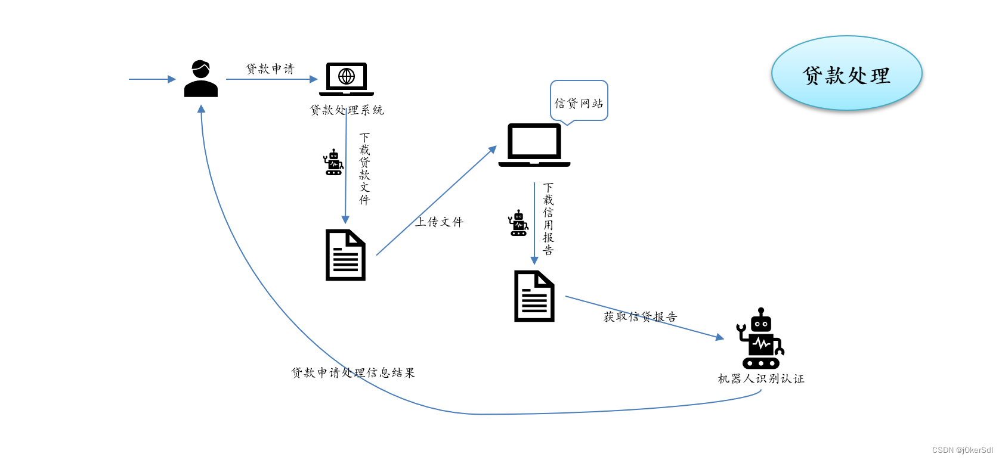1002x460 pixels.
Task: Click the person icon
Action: coord(201,79)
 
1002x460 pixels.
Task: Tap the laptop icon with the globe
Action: coord(347,79)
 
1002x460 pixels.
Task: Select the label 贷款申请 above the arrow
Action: coord(270,69)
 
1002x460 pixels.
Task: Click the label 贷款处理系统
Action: coord(347,110)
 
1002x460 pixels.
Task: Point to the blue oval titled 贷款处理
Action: coord(846,73)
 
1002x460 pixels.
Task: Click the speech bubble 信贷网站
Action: coord(579,102)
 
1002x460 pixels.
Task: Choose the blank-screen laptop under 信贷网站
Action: coord(534,145)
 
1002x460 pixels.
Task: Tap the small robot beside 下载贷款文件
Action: coord(333,162)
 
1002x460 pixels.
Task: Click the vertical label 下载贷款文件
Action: coord(364,169)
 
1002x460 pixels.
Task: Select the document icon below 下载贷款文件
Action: coord(345,255)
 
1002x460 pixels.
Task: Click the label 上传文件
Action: coord(440,222)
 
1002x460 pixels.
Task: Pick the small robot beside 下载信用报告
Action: coord(518,223)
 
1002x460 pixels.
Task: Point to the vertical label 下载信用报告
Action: coord(548,219)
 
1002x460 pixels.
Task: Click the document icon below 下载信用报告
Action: coord(534,296)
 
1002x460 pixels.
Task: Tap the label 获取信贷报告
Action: coord(640,316)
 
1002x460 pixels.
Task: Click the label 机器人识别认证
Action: coord(761,378)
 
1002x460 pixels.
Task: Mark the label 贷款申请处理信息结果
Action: coord(353,372)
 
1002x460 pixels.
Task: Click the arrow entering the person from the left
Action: coord(152,79)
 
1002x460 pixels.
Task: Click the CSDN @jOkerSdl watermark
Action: coord(962,450)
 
